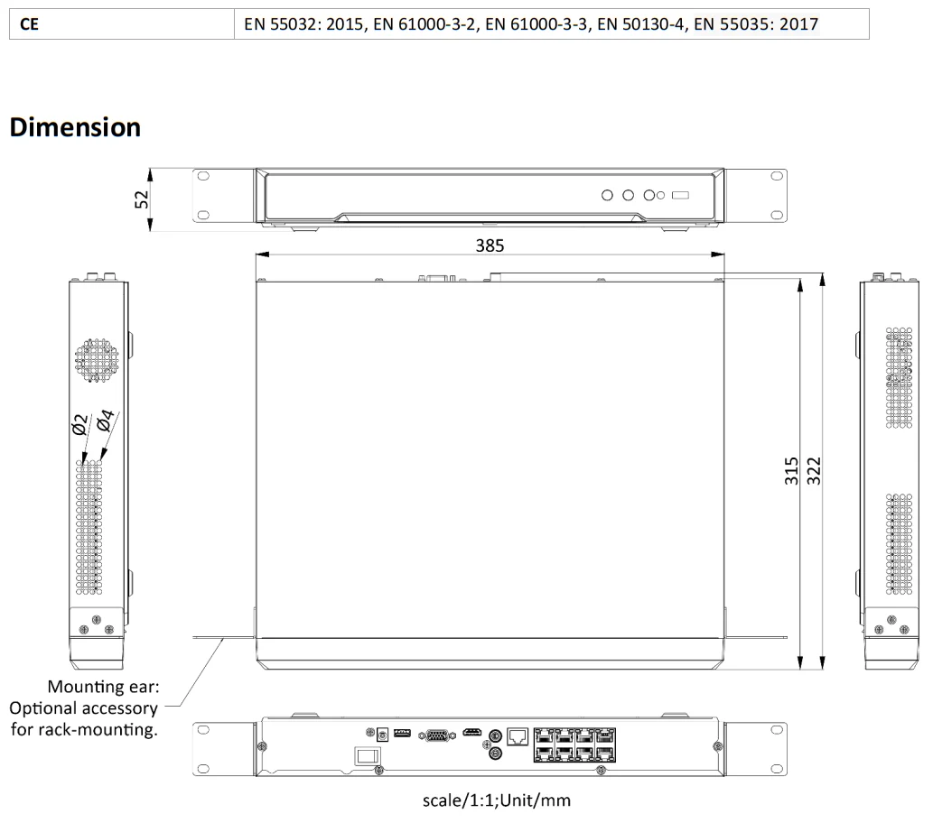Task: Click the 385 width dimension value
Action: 490,245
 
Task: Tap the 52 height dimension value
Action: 142,199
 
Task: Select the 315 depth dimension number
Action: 791,471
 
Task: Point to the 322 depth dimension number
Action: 814,471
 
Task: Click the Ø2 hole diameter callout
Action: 79,424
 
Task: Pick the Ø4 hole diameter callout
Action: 105,420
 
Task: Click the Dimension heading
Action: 75,127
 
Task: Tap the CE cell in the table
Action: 29,24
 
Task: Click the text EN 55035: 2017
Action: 756,24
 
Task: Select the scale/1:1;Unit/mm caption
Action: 496,800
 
